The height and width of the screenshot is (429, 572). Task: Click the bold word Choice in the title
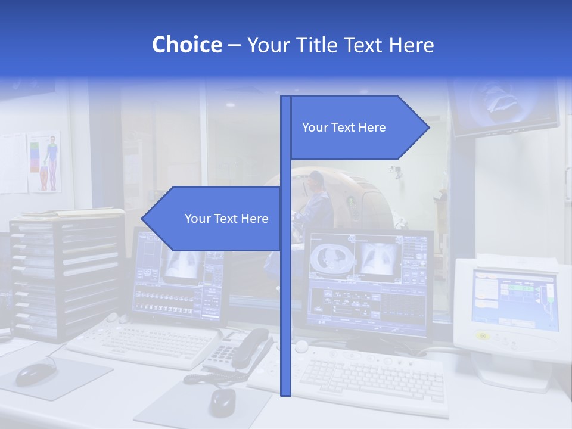pyautogui.click(x=186, y=45)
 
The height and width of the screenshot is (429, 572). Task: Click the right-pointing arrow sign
pyautogui.click(x=357, y=128)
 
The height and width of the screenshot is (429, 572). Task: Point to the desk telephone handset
pyautogui.click(x=250, y=348)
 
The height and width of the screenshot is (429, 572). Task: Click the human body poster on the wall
pyautogui.click(x=45, y=161)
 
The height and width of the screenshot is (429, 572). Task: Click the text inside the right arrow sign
pyautogui.click(x=344, y=128)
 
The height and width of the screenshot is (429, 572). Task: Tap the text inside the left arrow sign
pyautogui.click(x=226, y=219)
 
